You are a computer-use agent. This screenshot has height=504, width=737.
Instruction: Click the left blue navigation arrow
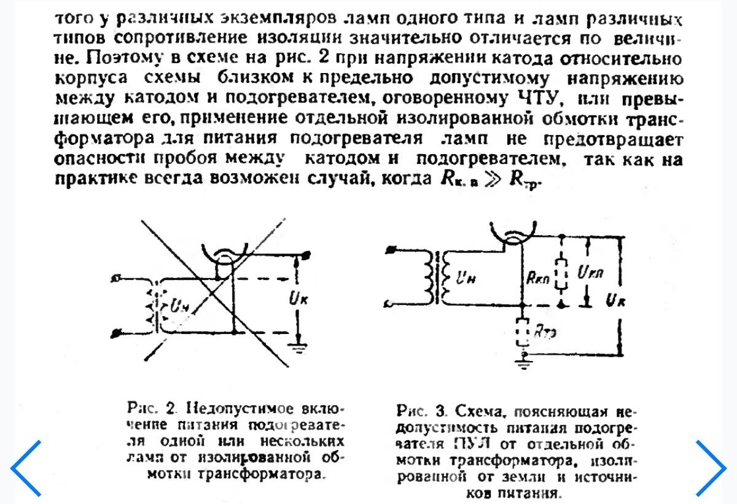point(26,468)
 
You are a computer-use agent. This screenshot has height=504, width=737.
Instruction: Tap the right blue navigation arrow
point(711,468)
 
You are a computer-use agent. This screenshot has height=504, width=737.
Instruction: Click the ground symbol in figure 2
point(299,347)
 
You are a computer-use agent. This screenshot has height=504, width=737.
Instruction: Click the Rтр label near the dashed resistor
point(542,332)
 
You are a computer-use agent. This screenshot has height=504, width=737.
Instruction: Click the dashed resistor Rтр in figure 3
point(522,331)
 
